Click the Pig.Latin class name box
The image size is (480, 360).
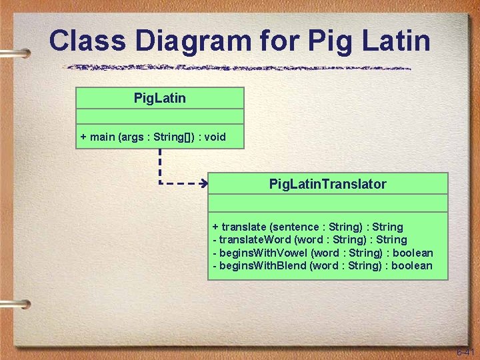tap(160, 99)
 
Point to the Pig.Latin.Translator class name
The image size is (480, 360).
tap(327, 184)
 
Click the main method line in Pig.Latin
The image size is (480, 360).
tap(153, 137)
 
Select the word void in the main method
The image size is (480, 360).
tap(215, 137)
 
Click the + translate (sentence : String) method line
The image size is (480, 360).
tap(307, 227)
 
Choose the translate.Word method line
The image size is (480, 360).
tap(309, 239)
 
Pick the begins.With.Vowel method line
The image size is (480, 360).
tap(323, 253)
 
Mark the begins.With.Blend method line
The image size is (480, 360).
tap(322, 266)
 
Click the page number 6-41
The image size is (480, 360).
tap(465, 351)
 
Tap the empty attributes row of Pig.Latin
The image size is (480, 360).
tap(160, 117)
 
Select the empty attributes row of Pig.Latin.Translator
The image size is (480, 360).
tap(327, 203)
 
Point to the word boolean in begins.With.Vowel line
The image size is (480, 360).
tap(413, 253)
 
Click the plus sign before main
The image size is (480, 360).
tap(83, 137)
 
